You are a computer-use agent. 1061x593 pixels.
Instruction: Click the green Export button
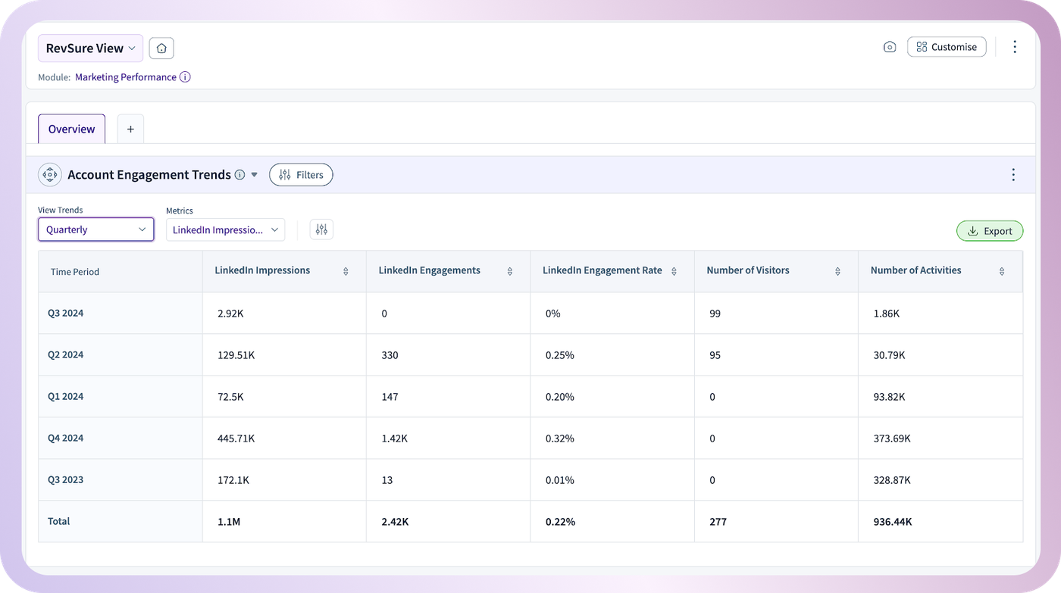[990, 231]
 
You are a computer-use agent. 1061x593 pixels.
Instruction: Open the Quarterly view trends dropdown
[95, 229]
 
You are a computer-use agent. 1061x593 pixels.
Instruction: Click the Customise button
[947, 47]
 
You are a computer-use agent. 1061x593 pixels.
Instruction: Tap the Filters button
[301, 175]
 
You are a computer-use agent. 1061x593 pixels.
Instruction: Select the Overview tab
[71, 129]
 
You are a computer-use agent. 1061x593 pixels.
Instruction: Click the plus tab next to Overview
[130, 129]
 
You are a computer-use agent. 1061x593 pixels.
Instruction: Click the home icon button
[161, 48]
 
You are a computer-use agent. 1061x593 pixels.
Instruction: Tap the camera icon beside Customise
[890, 47]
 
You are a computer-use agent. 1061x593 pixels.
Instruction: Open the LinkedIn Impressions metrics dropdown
[225, 230]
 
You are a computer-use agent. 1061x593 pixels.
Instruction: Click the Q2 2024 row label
[65, 354]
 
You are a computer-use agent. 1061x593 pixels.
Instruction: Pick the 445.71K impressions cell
[236, 439]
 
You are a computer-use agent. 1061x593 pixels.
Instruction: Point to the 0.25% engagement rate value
[559, 355]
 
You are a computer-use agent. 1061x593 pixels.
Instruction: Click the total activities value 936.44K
[893, 522]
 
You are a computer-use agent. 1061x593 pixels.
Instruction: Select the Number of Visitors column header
[747, 270]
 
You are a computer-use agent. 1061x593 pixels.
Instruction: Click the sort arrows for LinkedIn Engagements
[509, 271]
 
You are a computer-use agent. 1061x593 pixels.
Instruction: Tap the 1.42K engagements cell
[394, 439]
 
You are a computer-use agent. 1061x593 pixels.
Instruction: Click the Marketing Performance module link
[126, 77]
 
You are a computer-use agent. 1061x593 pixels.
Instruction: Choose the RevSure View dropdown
[90, 48]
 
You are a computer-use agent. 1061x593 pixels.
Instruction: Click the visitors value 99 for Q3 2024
[715, 314]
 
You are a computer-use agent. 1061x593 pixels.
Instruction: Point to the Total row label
[59, 521]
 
